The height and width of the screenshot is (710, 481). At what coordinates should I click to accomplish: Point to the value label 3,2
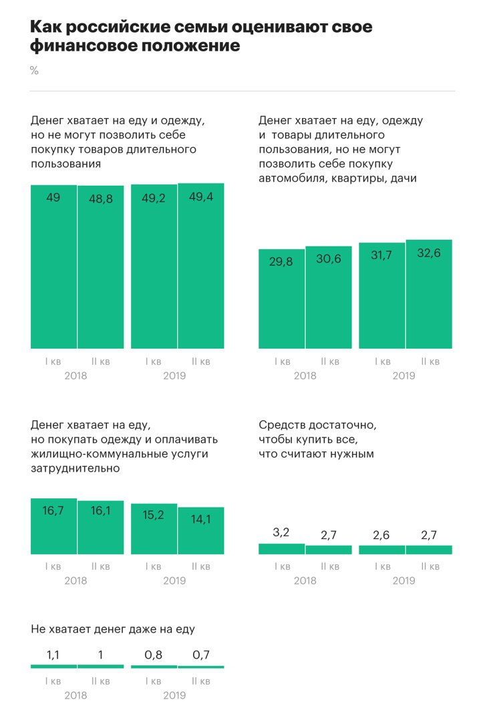pyautogui.click(x=282, y=533)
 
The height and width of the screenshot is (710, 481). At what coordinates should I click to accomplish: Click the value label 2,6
pyautogui.click(x=382, y=535)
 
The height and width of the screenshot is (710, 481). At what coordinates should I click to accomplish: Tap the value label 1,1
pyautogui.click(x=54, y=655)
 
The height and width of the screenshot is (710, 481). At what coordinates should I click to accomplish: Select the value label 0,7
pyautogui.click(x=200, y=655)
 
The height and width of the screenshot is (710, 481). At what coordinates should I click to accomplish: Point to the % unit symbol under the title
pyautogui.click(x=34, y=71)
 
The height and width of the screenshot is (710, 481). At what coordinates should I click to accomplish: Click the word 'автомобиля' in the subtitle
pyautogui.click(x=289, y=178)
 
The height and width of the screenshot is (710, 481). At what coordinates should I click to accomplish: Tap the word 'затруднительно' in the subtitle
pyautogui.click(x=75, y=468)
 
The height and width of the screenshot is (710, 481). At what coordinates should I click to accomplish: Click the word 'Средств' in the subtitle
pyautogui.click(x=279, y=425)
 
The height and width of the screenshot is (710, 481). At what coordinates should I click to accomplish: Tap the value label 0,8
pyautogui.click(x=154, y=655)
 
